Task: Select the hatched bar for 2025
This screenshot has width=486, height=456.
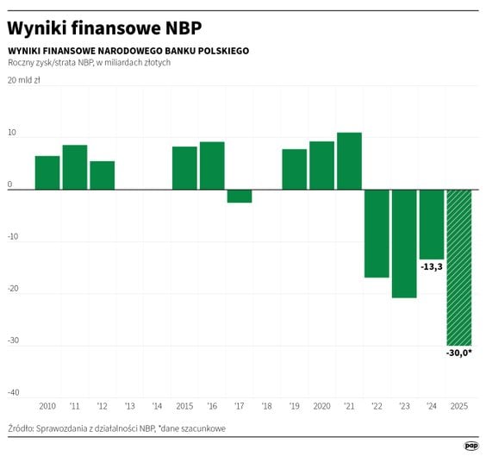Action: [458, 267]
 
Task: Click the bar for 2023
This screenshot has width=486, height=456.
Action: [404, 243]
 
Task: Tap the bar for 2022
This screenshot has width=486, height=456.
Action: [377, 233]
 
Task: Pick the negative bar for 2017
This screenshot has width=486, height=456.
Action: [240, 196]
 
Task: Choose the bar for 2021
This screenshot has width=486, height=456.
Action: [349, 160]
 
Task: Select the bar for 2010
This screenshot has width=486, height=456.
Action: [47, 172]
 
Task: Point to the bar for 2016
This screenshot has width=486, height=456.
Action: [212, 166]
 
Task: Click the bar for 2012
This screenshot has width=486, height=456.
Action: [103, 175]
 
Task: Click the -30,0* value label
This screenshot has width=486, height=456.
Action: [458, 353]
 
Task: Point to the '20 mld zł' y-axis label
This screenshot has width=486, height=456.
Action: [23, 80]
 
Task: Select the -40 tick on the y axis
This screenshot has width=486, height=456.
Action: [13, 392]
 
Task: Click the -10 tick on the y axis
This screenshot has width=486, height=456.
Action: [13, 237]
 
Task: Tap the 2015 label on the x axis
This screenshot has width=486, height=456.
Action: [184, 405]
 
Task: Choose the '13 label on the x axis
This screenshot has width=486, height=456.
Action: [130, 405]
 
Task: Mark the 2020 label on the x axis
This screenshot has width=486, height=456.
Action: [321, 405]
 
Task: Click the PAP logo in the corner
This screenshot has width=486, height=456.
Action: [470, 445]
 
